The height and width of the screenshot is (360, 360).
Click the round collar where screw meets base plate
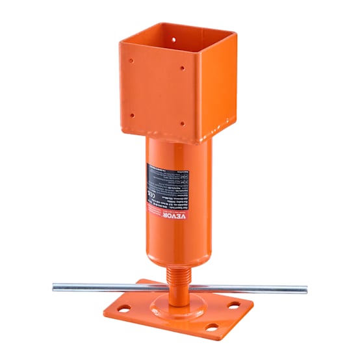tap(175, 303)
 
